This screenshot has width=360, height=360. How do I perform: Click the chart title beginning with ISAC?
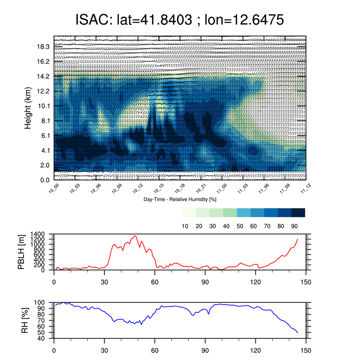(180, 19)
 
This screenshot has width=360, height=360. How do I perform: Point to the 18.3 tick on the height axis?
(43, 47)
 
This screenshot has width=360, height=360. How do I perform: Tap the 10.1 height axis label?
(43, 106)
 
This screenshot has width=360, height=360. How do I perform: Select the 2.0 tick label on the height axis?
(45, 165)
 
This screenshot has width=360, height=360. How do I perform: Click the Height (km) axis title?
(28, 108)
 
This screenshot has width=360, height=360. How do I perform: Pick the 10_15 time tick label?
(159, 189)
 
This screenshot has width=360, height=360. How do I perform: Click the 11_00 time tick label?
(221, 189)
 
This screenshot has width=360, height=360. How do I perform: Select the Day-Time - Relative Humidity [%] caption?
(180, 199)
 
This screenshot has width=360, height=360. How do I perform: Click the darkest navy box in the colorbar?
(298, 213)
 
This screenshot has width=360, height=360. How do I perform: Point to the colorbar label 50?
(240, 226)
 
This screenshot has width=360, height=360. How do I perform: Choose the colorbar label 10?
(185, 226)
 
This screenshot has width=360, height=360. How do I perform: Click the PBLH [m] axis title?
(21, 252)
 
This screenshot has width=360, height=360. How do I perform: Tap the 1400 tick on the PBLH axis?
(37, 234)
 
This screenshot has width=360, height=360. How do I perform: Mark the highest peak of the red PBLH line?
(135, 235)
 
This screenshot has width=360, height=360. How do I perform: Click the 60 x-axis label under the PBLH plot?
(155, 282)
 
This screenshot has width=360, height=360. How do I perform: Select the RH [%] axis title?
(24, 320)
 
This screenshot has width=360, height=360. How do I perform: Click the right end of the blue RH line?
(298, 332)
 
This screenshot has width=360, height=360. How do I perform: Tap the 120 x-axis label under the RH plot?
(256, 351)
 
